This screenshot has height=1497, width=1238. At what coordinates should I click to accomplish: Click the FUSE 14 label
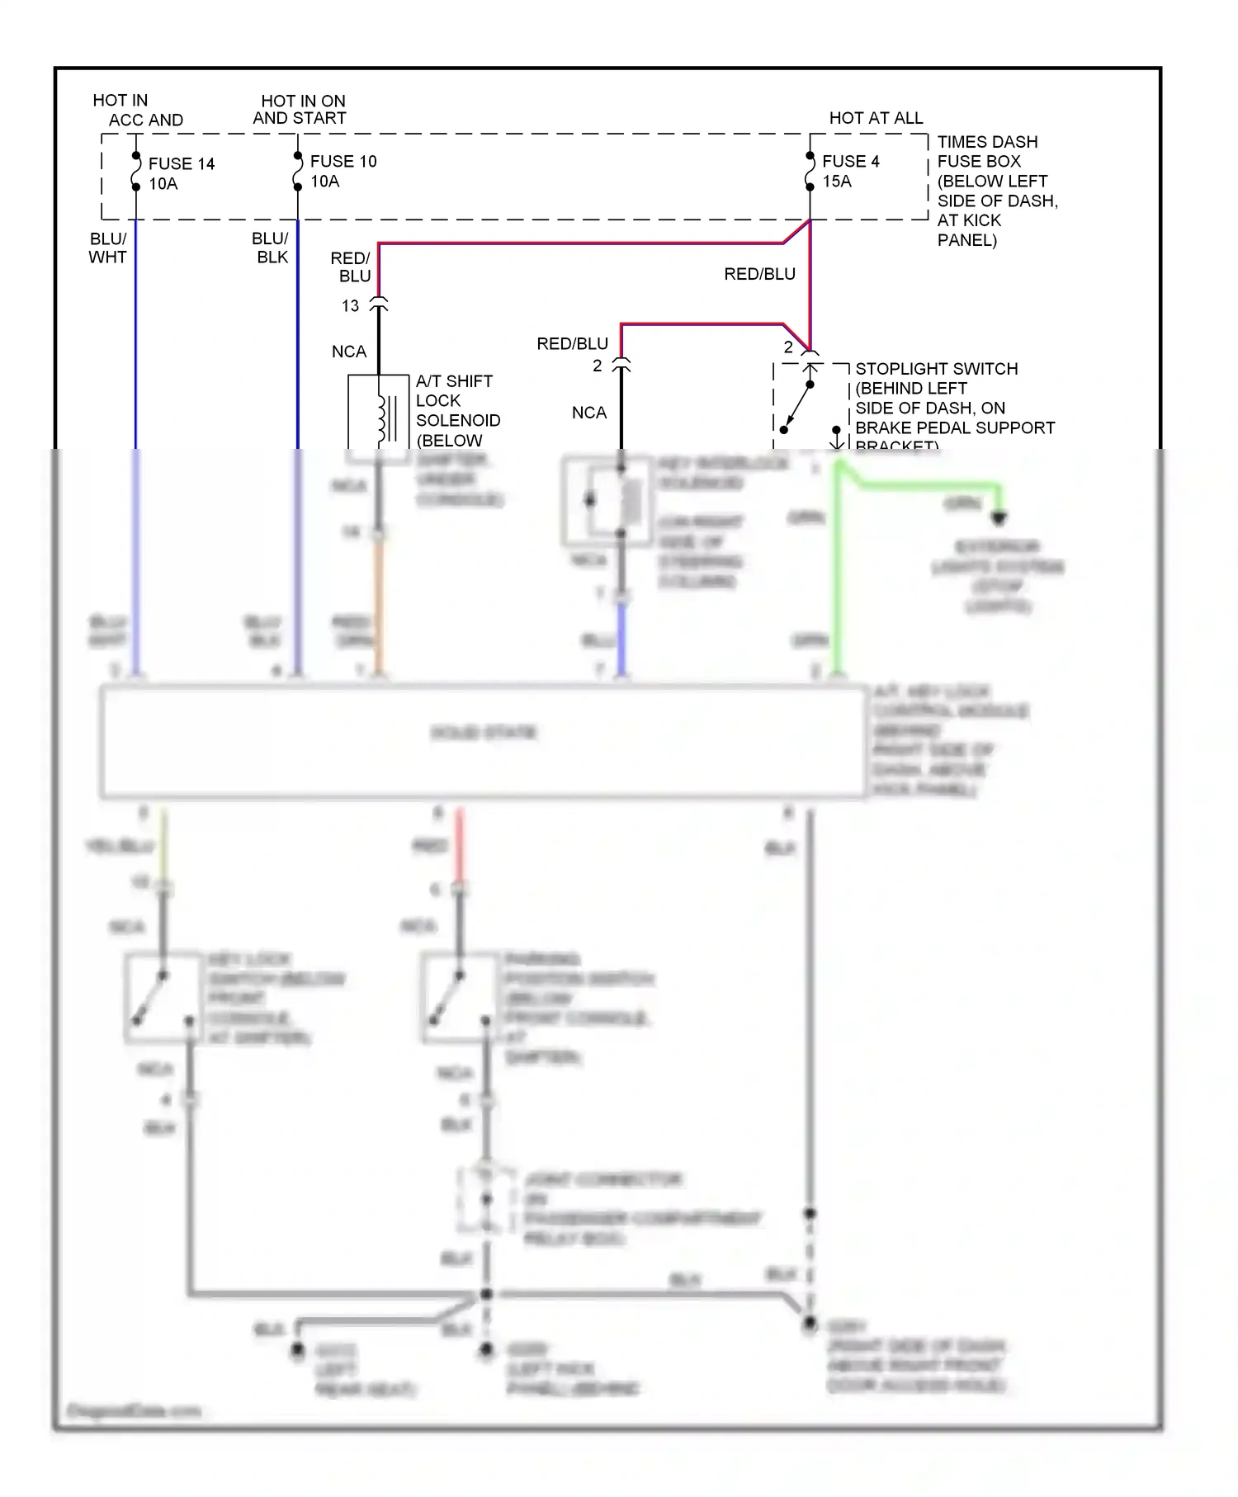click(x=181, y=163)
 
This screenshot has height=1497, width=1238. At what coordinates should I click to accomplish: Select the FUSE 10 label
click(x=343, y=161)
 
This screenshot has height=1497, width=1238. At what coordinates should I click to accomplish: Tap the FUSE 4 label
click(x=850, y=161)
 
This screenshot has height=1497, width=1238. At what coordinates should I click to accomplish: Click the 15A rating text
click(x=836, y=182)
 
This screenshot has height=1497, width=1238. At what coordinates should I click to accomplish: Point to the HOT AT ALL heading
click(x=876, y=118)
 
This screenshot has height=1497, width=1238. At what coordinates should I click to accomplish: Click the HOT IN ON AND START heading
click(x=300, y=109)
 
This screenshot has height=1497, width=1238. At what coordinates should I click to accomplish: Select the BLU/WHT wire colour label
click(x=107, y=248)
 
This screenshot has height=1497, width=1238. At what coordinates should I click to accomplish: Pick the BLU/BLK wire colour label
click(x=271, y=248)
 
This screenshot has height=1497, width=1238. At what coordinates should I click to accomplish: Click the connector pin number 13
click(x=350, y=306)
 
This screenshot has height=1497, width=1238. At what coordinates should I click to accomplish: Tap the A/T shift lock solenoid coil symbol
click(x=383, y=418)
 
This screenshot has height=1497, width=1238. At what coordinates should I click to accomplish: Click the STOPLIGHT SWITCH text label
click(x=936, y=369)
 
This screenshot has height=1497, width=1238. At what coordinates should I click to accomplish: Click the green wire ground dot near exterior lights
click(x=999, y=518)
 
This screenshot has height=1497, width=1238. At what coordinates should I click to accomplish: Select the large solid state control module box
click(x=484, y=740)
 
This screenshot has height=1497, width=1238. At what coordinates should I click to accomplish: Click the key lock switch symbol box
click(x=163, y=998)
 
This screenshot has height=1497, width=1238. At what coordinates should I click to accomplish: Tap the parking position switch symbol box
click(x=461, y=998)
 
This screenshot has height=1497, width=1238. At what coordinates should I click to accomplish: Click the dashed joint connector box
click(x=487, y=1199)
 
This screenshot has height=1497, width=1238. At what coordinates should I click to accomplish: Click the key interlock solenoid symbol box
click(x=608, y=501)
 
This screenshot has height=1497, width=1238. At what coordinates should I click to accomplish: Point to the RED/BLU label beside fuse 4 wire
click(x=759, y=274)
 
